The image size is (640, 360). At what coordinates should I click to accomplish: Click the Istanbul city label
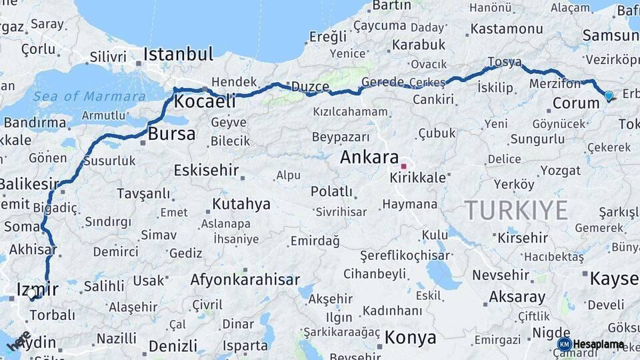pyautogui.click(x=178, y=54)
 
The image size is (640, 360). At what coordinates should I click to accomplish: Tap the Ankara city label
pyautogui.click(x=369, y=157)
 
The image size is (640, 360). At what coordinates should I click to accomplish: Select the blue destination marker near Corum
pyautogui.click(x=608, y=96)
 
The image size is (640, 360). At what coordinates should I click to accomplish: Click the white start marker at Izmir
pyautogui.click(x=31, y=293)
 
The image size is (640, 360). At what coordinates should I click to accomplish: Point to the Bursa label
pyautogui.click(x=171, y=134)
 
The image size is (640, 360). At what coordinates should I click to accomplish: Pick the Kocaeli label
pyautogui.click(x=205, y=101)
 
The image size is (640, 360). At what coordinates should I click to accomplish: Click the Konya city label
pyautogui.click(x=409, y=337)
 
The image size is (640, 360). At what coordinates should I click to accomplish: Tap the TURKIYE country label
pyautogui.click(x=517, y=211)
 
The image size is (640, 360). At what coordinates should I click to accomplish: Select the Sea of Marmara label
pyautogui.click(x=89, y=96)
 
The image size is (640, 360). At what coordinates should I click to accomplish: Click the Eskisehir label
pyautogui.click(x=206, y=170)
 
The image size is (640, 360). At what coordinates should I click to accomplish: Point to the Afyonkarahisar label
pyautogui.click(x=245, y=280)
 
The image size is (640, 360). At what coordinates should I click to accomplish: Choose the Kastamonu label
pyautogui.click(x=506, y=29)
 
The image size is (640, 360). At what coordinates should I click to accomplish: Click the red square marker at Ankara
pyautogui.click(x=403, y=165)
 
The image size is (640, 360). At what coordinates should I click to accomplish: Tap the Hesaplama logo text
pyautogui.click(x=599, y=345)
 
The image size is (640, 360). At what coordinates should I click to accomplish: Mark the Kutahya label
pyautogui.click(x=241, y=204)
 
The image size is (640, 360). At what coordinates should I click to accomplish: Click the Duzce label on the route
pyautogui.click(x=310, y=87)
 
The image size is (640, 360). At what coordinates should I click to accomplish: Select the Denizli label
pyautogui.click(x=173, y=346)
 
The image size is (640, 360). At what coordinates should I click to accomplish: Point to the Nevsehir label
pyautogui.click(x=501, y=275)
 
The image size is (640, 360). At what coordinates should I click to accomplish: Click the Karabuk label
pyautogui.click(x=418, y=45)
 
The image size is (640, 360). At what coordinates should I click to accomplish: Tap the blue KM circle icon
pyautogui.click(x=564, y=345)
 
